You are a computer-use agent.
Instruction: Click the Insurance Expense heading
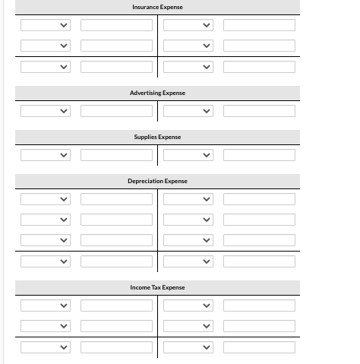pos(157,7)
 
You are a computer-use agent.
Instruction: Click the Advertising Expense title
pos(157,93)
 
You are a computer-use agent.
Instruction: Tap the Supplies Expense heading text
pos(157,137)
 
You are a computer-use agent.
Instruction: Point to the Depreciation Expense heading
pos(157,181)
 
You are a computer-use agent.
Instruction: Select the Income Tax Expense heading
pos(157,287)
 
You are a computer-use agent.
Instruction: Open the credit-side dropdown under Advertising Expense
pos(188,111)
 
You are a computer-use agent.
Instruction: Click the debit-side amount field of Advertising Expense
pos(117,111)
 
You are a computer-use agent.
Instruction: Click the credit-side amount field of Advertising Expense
pos(259,111)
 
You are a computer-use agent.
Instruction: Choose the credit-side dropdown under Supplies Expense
pos(188,155)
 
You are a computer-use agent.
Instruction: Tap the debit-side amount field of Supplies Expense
pos(117,155)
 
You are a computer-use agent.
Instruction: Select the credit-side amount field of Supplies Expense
pos(259,155)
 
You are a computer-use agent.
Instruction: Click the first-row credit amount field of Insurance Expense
pos(259,25)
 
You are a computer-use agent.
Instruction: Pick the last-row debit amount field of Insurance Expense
pos(117,67)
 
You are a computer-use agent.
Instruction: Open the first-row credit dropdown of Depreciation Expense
pos(188,199)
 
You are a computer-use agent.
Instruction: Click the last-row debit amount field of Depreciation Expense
pos(117,261)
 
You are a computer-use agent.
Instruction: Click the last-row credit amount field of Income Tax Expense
pos(259,347)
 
